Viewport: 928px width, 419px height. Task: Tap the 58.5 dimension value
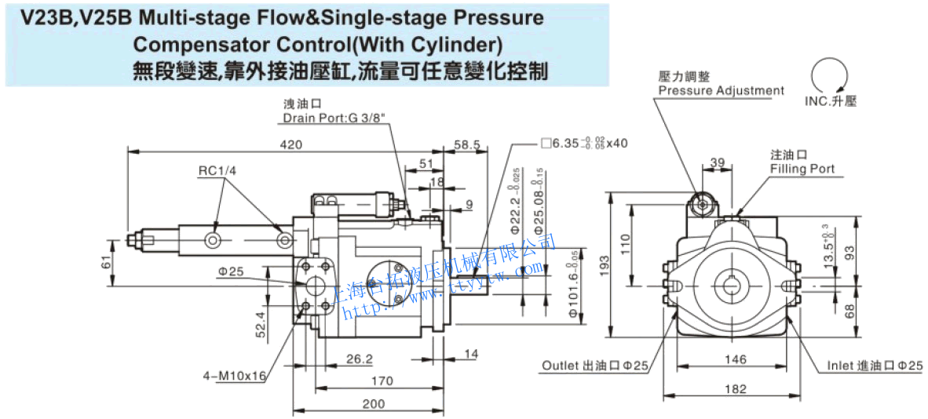(x=466, y=144)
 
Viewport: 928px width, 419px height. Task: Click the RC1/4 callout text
(x=217, y=171)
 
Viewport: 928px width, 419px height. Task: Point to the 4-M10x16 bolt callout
(x=235, y=376)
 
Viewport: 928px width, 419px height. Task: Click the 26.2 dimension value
(x=360, y=359)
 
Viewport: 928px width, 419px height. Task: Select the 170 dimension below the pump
(x=382, y=381)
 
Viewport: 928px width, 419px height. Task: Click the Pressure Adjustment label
(x=721, y=90)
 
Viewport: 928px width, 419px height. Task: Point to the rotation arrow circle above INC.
(x=831, y=77)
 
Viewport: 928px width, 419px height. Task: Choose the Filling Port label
(x=802, y=169)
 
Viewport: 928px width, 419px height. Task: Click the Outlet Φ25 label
(x=595, y=366)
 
